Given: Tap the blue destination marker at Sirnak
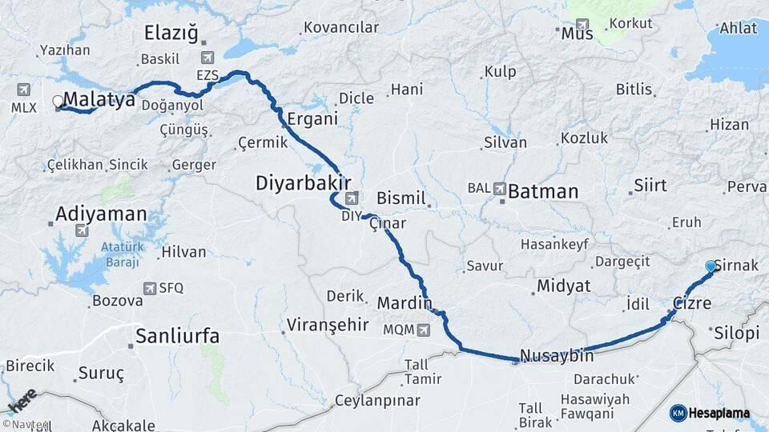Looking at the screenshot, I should point(711,266).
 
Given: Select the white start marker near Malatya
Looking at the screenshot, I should point(58,102).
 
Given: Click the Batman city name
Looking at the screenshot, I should point(543,191).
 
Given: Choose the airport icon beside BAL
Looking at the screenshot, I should point(500,189).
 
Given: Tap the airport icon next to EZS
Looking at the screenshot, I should point(209,58).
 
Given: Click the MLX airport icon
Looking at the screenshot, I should point(22,89).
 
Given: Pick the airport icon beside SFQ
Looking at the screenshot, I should point(149,288).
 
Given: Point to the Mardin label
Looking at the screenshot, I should point(405,303).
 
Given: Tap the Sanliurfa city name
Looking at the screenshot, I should point(177,335).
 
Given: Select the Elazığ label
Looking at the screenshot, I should point(170,33).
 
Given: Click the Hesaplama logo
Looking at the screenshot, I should point(711,413).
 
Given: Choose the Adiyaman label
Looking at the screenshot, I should point(102,214).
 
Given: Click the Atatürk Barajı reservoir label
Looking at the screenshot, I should point(121,254).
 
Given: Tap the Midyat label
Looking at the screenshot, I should point(564,286).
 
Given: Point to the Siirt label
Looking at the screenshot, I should point(650,186).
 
